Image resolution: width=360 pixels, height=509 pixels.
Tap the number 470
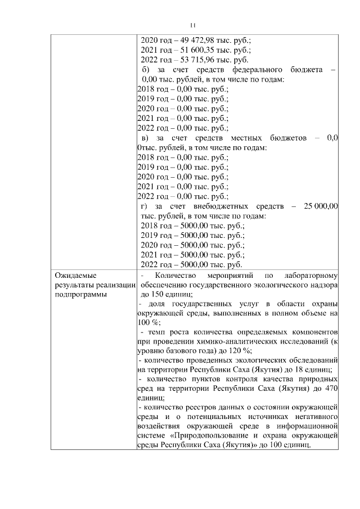330,388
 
